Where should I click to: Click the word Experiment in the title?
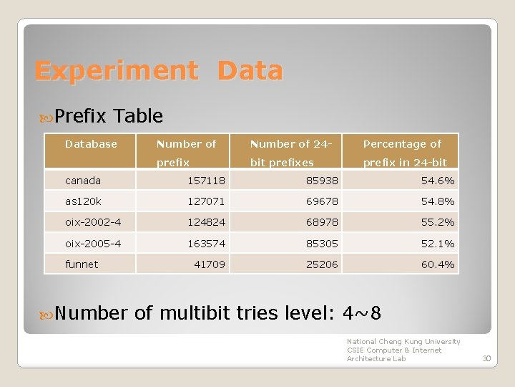(116, 71)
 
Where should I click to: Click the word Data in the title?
(250, 71)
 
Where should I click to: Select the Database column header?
(91, 144)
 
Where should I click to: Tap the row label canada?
(83, 181)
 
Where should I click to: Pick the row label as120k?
(83, 201)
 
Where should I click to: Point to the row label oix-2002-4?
(93, 222)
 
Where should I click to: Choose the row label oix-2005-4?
(93, 244)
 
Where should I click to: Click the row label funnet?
(82, 264)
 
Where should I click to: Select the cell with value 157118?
(206, 181)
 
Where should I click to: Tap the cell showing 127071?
(206, 201)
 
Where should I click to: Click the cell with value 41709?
(210, 264)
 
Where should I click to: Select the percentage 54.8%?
(437, 201)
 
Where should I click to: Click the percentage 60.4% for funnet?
(437, 264)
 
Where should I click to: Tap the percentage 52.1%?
(437, 244)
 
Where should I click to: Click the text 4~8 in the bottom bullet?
(362, 314)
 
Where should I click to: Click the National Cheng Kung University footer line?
(403, 342)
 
